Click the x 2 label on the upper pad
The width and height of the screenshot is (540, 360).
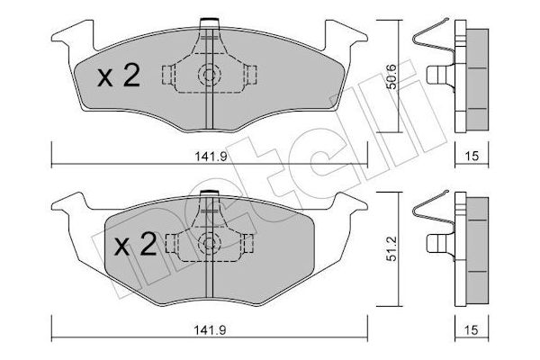(117, 77)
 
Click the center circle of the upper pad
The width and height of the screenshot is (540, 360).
(209, 76)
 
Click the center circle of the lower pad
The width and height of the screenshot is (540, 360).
(209, 242)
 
